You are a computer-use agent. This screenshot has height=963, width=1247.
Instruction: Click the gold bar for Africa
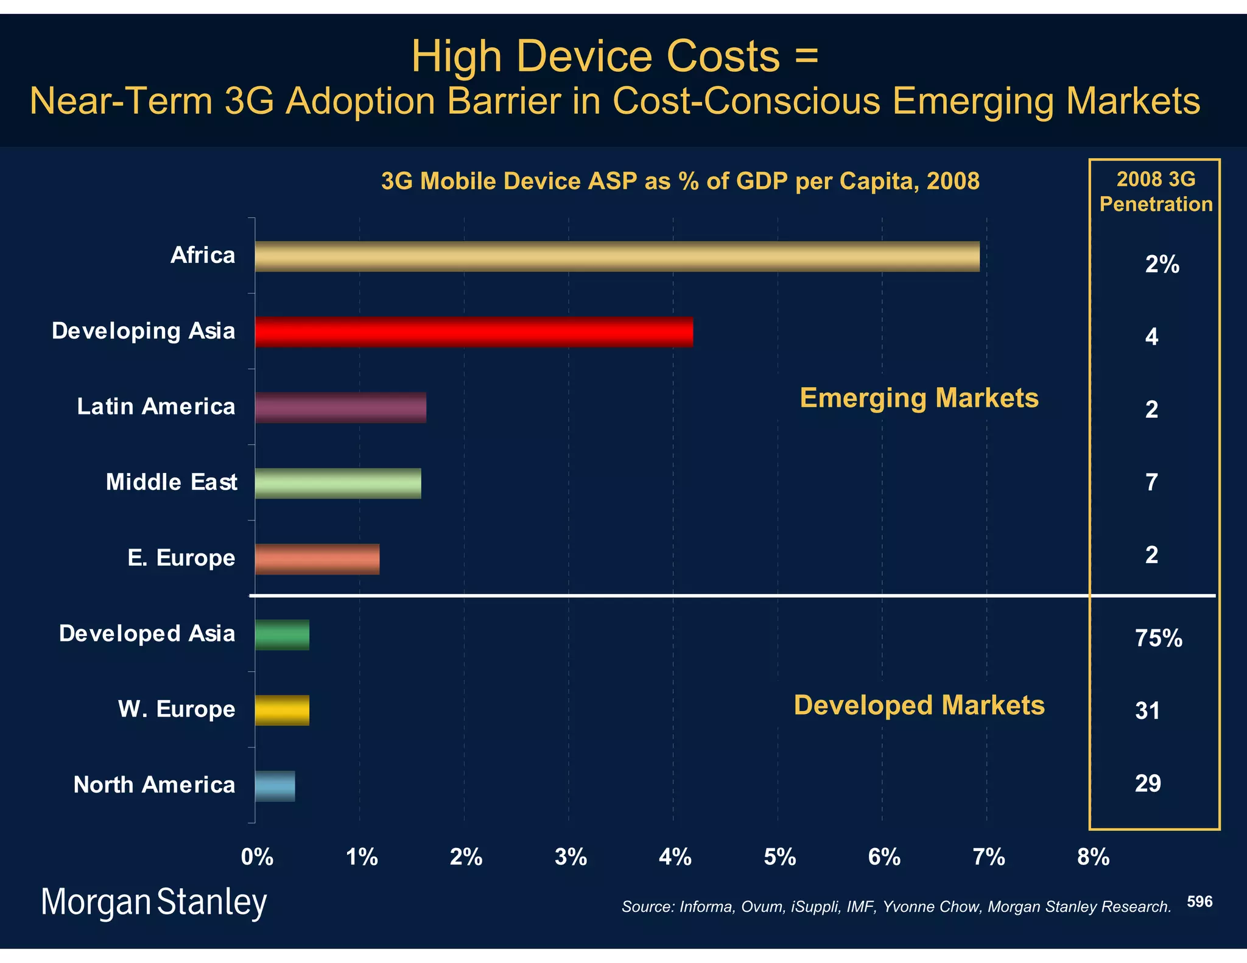point(617,256)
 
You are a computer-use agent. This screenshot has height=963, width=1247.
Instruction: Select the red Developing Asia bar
point(474,332)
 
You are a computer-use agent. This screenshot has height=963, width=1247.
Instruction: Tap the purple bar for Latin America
point(340,407)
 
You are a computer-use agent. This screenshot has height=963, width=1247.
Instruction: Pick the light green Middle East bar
point(338,483)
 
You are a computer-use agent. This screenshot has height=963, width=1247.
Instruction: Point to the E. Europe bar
point(317,559)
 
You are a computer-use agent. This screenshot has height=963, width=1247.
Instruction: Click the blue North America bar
point(275,786)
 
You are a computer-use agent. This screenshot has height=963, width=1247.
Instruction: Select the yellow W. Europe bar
point(282,710)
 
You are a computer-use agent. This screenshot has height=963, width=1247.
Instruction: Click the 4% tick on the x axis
point(675,857)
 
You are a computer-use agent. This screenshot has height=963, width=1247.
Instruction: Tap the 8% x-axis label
point(1093,857)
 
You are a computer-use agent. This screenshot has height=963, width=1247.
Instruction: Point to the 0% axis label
point(257,857)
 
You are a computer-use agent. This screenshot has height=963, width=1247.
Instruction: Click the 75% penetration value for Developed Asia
point(1158,638)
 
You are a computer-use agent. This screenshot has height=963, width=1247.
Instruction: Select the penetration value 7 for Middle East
point(1151,482)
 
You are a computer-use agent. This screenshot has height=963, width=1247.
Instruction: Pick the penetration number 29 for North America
point(1148,783)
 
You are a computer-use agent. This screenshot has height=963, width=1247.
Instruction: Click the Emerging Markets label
point(919,398)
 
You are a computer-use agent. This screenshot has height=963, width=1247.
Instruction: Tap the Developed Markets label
point(919,706)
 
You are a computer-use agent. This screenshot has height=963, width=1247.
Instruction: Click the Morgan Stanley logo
point(153,902)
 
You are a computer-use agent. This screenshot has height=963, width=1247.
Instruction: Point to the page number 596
point(1200,902)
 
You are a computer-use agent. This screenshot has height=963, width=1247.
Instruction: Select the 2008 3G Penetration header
point(1156,192)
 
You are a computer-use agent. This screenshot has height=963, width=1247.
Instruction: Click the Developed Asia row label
point(147,634)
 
